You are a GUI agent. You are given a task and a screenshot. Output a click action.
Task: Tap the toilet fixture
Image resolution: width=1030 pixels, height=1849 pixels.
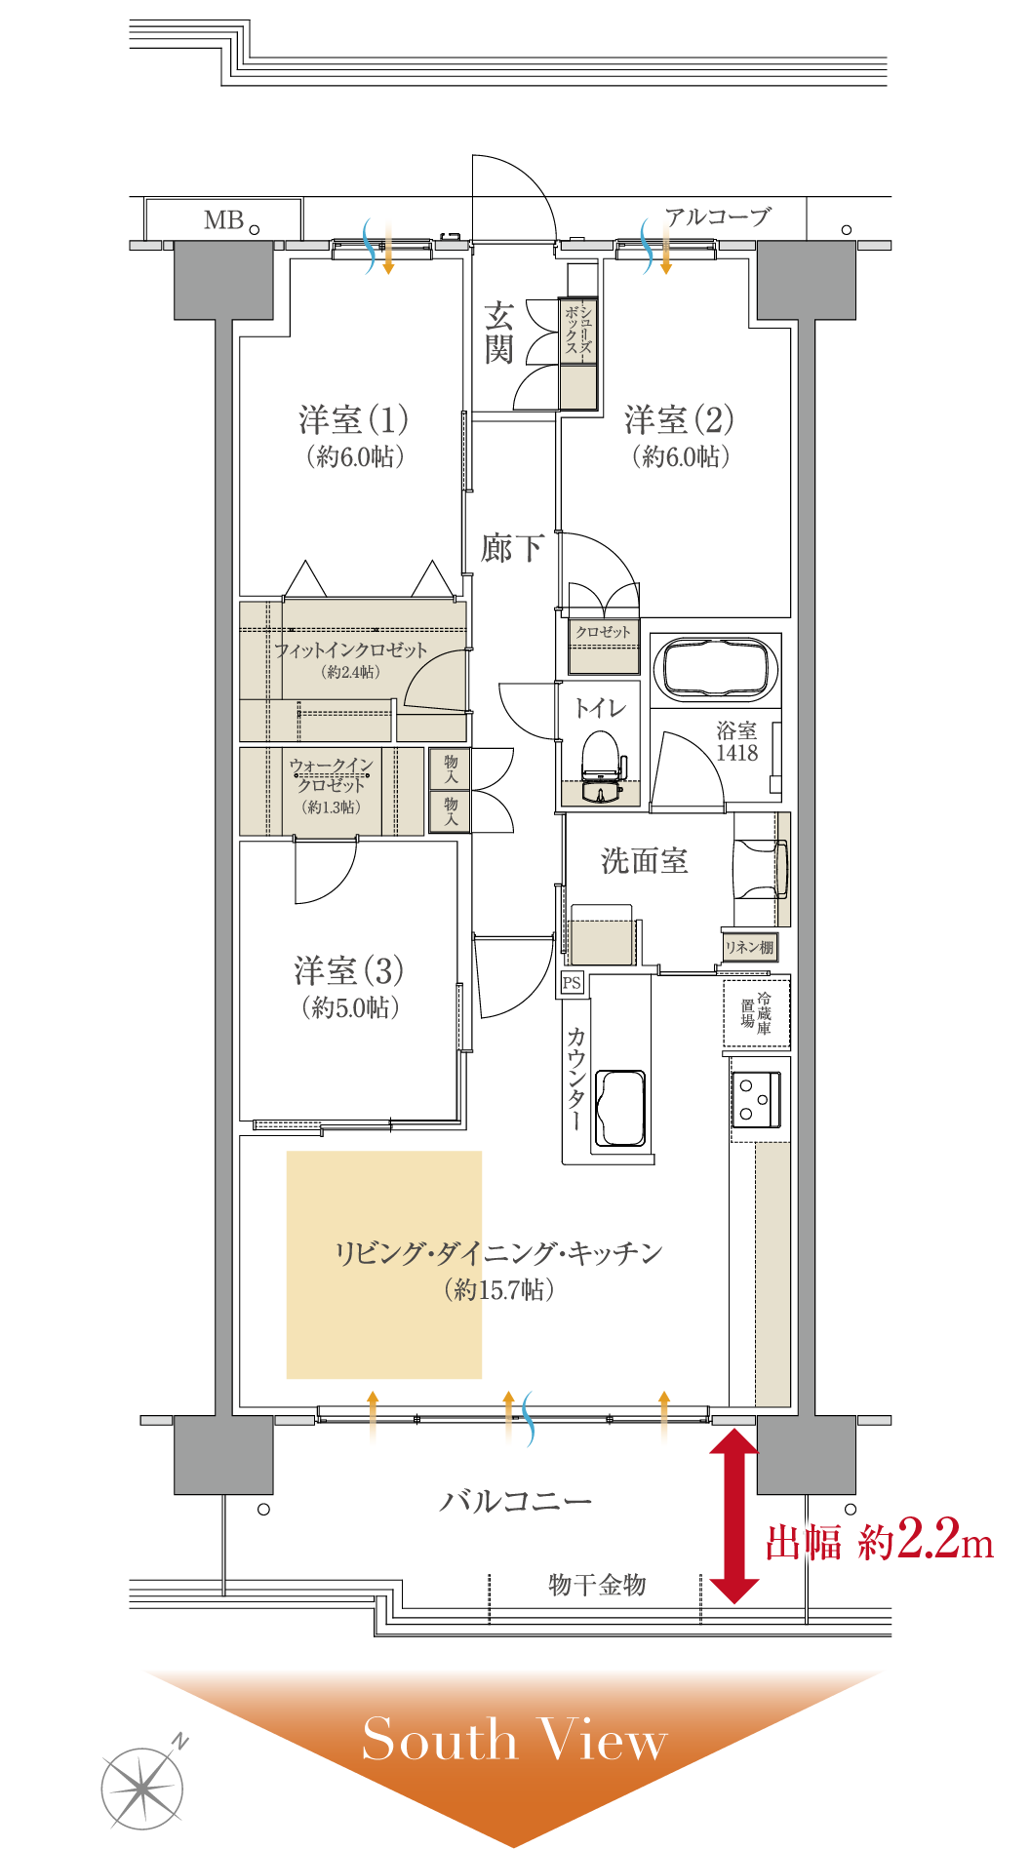(x=602, y=767)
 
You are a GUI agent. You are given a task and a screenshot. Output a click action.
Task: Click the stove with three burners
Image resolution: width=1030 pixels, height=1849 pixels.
(x=757, y=1099)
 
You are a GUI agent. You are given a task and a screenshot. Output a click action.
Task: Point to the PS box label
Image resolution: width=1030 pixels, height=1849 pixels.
(x=572, y=983)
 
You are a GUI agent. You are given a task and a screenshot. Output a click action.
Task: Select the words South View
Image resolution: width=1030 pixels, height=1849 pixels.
(x=514, y=1739)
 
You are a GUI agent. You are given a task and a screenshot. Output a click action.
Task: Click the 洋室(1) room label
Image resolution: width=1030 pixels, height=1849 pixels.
(x=353, y=420)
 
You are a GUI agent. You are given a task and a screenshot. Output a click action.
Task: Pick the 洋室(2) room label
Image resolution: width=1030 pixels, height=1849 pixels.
(x=680, y=420)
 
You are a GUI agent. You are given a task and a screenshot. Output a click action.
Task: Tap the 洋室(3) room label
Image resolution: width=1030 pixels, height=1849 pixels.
(x=349, y=971)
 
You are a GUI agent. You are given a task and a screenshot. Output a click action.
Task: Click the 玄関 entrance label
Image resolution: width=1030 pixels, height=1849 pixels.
(x=498, y=333)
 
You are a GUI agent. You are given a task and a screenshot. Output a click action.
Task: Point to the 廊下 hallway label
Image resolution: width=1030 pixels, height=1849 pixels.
(x=512, y=548)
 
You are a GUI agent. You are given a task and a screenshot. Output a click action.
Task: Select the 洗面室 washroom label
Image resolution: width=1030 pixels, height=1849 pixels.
(x=644, y=860)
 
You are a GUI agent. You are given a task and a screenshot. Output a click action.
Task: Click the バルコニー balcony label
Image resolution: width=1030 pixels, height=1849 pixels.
(x=515, y=1501)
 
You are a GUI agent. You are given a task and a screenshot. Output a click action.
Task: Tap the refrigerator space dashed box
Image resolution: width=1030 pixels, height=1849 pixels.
(x=757, y=1013)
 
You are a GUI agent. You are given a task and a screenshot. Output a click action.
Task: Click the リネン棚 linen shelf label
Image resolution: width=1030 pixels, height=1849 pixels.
(x=749, y=947)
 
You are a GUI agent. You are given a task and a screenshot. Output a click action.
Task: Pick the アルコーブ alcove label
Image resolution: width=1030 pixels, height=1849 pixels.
(x=719, y=216)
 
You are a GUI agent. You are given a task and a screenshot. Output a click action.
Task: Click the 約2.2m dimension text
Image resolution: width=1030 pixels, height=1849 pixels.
(x=926, y=1541)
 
